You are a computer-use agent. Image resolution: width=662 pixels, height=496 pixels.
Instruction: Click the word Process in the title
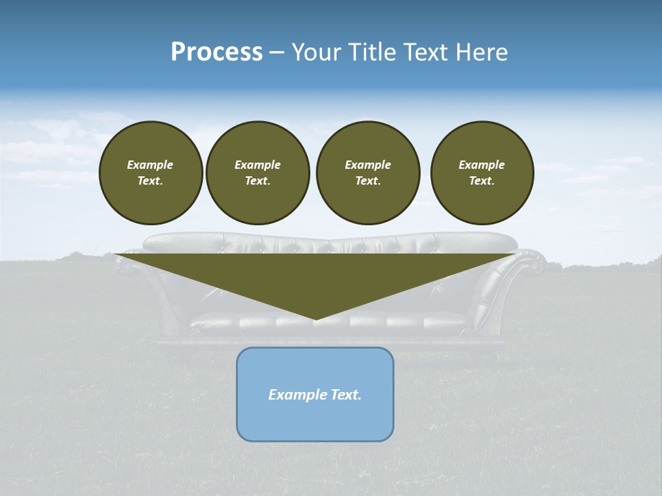point(217,52)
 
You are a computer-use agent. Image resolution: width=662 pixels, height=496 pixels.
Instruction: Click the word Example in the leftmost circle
point(150,165)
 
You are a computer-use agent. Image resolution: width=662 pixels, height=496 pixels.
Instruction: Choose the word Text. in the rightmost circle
point(482,180)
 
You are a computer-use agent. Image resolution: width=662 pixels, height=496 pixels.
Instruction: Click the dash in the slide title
point(277,52)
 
